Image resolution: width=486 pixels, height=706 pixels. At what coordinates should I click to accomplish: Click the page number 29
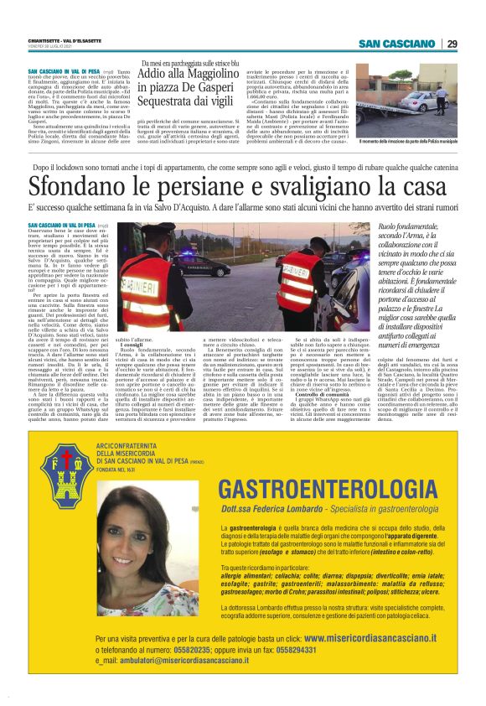click(x=452, y=44)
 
